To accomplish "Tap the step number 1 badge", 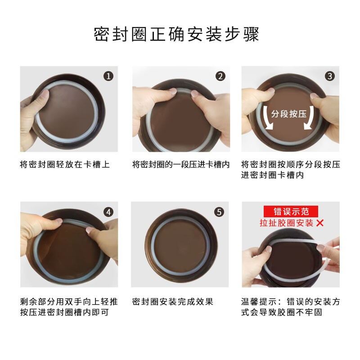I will (108, 76).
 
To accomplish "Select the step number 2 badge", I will (220, 76).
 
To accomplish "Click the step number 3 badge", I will (330, 76).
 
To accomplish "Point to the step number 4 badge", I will (108, 211).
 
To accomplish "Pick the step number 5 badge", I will (219, 211).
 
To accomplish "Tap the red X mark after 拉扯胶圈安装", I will (320, 223).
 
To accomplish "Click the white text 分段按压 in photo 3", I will (289, 113).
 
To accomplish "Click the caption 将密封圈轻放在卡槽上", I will (65, 164).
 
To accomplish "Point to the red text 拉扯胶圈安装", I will (286, 223).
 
